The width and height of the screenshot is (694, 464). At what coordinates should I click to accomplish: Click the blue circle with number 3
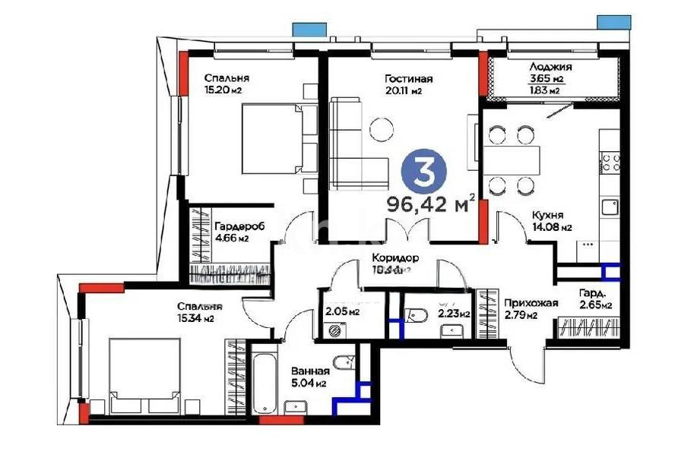click(423, 170)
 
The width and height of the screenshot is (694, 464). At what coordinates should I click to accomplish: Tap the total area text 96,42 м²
click(430, 204)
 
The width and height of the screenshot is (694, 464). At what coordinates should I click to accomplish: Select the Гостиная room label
click(408, 79)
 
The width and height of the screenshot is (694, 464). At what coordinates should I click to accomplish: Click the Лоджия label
click(550, 67)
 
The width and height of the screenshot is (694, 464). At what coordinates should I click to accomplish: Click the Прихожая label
click(531, 304)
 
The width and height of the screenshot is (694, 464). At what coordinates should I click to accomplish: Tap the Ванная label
click(310, 371)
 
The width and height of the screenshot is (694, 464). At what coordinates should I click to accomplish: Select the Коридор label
click(392, 257)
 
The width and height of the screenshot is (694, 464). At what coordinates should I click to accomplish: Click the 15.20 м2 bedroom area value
click(223, 90)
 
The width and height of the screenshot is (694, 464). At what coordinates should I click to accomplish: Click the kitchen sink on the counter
click(610, 207)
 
